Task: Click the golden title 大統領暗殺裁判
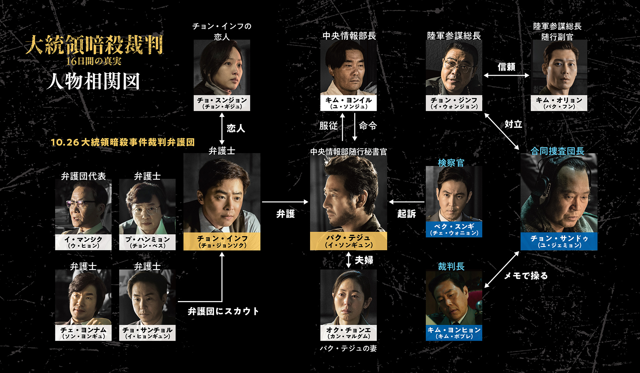click(94, 44)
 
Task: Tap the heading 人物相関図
click(93, 82)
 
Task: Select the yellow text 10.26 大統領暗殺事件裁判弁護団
click(123, 142)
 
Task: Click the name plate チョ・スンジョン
click(222, 103)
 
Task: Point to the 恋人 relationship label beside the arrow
click(236, 128)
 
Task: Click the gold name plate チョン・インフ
click(222, 241)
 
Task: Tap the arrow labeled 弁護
click(285, 202)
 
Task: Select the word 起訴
click(406, 214)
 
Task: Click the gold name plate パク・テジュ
click(348, 241)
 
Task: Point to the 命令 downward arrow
click(355, 127)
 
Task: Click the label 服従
click(329, 126)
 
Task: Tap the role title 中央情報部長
click(349, 35)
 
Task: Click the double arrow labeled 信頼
click(507, 75)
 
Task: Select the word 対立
click(513, 124)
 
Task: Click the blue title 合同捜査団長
click(557, 151)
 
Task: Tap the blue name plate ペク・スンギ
click(454, 229)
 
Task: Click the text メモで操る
click(526, 276)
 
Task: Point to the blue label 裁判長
click(451, 266)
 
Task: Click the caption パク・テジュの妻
click(348, 348)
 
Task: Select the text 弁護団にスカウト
click(223, 311)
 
